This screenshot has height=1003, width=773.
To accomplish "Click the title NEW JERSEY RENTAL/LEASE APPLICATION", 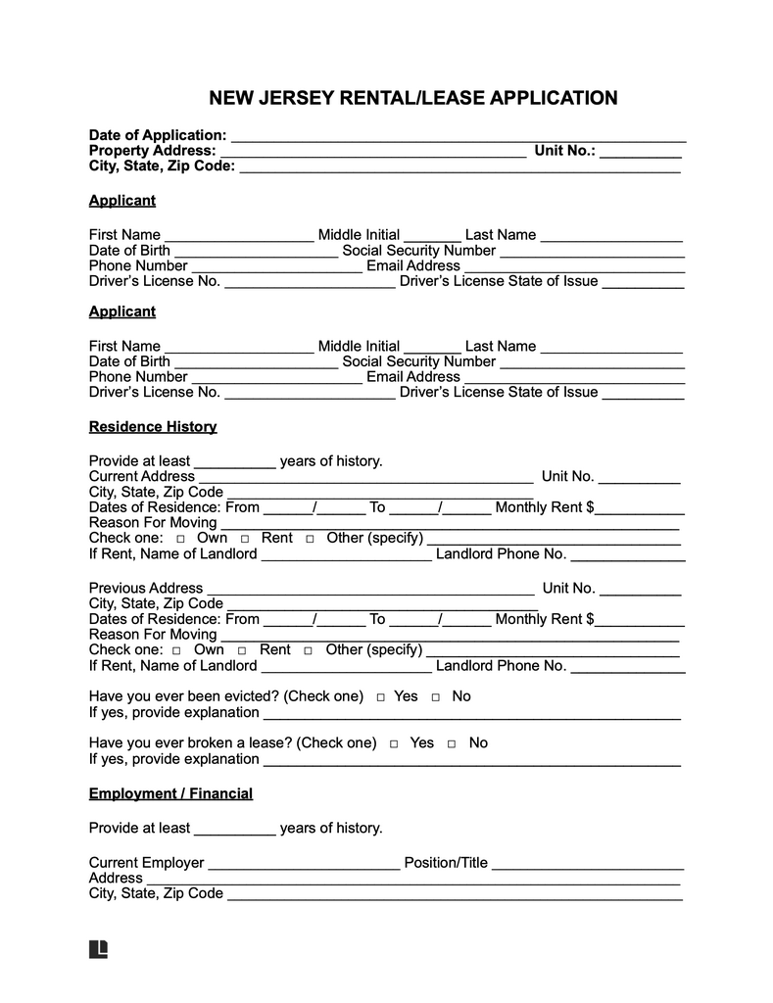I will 412,98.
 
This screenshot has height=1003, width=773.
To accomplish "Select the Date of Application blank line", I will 457,137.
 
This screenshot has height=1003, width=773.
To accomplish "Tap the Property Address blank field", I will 372,153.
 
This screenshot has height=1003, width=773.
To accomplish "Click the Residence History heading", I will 153,427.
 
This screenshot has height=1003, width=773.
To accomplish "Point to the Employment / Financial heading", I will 170,793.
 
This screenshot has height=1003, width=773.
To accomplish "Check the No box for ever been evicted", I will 436,697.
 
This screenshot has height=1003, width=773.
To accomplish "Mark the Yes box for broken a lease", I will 395,743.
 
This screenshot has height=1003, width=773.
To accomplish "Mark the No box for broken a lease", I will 452,743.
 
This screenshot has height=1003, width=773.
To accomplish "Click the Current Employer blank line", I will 304,865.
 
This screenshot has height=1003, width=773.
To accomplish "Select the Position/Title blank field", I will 587,865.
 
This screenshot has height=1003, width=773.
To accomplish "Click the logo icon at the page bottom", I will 98,948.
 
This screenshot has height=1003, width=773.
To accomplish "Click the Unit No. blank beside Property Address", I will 641,153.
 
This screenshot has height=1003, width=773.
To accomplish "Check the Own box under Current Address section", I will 180,540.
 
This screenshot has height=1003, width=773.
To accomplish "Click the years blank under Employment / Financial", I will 235,831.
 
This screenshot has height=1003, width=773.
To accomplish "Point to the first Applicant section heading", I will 122,201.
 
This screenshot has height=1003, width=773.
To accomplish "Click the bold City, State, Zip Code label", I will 162,167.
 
